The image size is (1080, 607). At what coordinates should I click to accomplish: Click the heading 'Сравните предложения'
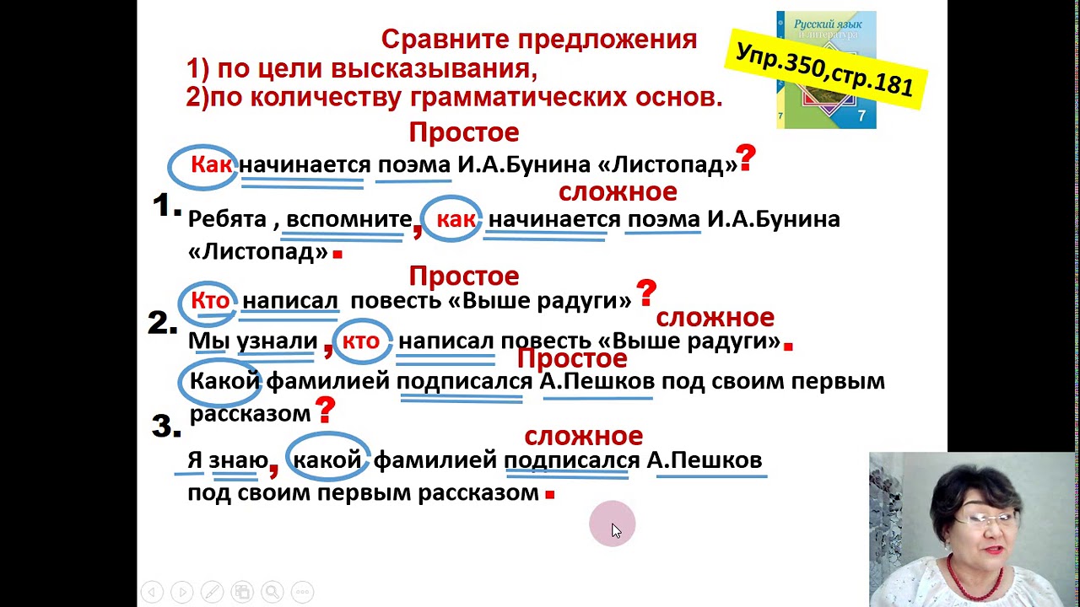(538, 40)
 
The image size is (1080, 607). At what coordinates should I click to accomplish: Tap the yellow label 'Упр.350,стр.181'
(824, 68)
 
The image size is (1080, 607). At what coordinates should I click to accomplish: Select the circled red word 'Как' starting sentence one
(210, 164)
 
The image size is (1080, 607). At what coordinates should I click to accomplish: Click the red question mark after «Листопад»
(746, 158)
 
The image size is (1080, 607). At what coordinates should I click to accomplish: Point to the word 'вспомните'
(348, 220)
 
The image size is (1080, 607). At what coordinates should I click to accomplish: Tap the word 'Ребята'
(227, 220)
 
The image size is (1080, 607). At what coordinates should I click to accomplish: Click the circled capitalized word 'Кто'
(209, 301)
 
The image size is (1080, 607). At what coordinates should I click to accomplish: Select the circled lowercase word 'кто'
(360, 341)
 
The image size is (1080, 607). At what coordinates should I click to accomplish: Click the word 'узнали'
(277, 341)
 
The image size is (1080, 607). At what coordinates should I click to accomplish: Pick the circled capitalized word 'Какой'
(224, 381)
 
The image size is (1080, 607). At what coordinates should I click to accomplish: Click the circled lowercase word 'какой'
(327, 460)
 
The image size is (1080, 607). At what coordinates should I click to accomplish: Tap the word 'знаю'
(238, 460)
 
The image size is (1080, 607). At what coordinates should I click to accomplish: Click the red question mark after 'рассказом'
(325, 411)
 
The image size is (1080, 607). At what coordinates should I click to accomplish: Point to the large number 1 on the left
(166, 205)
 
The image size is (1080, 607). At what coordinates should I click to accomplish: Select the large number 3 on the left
(165, 427)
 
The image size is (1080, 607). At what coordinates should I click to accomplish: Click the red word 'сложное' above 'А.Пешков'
(583, 436)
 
